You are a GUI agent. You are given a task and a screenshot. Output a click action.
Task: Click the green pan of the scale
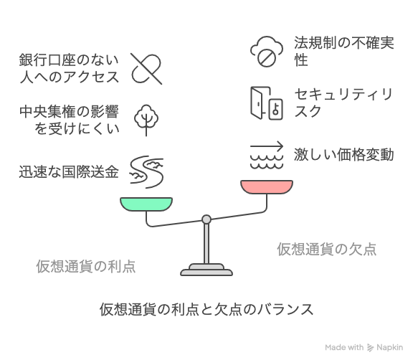(x=146, y=204)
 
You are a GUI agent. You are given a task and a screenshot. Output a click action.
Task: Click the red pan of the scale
(x=267, y=187)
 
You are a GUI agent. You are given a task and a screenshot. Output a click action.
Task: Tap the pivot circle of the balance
(x=206, y=219)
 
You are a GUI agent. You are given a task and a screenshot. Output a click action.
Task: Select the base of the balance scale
(x=206, y=270)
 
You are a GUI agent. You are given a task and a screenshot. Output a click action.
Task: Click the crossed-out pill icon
(x=146, y=69)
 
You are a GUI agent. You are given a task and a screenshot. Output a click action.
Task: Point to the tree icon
(x=146, y=120)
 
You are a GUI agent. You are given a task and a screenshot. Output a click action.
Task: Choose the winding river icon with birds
(x=146, y=172)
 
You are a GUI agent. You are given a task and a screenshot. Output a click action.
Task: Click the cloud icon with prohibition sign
(x=267, y=52)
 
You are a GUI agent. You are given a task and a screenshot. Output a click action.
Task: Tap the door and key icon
(x=267, y=103)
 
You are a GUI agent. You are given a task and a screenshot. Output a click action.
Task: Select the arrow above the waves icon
(x=267, y=146)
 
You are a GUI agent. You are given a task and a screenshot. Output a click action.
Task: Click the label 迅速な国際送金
(x=69, y=172)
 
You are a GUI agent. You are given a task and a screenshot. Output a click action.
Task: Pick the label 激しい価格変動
(x=344, y=155)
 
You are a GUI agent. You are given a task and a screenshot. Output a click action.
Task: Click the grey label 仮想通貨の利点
(x=86, y=266)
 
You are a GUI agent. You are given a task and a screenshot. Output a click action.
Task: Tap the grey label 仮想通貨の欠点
(x=327, y=249)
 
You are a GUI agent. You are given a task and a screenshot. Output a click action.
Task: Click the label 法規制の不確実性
(x=344, y=52)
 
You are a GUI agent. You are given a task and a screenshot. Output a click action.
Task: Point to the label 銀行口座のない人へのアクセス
(x=70, y=68)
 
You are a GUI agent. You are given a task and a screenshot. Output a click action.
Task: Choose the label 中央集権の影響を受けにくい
(x=70, y=120)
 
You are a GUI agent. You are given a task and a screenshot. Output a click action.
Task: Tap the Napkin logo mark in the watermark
(x=370, y=348)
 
